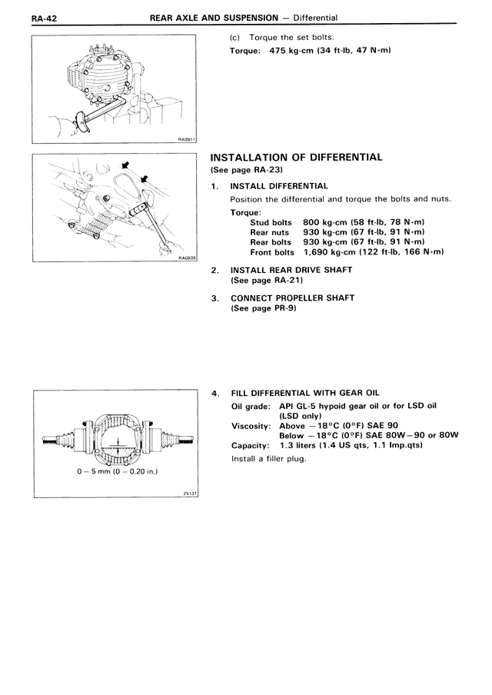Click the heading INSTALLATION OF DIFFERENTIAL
296,157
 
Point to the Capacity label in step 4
250,444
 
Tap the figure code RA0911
187,140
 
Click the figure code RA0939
187,258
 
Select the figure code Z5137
190,494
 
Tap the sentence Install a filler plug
268,458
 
